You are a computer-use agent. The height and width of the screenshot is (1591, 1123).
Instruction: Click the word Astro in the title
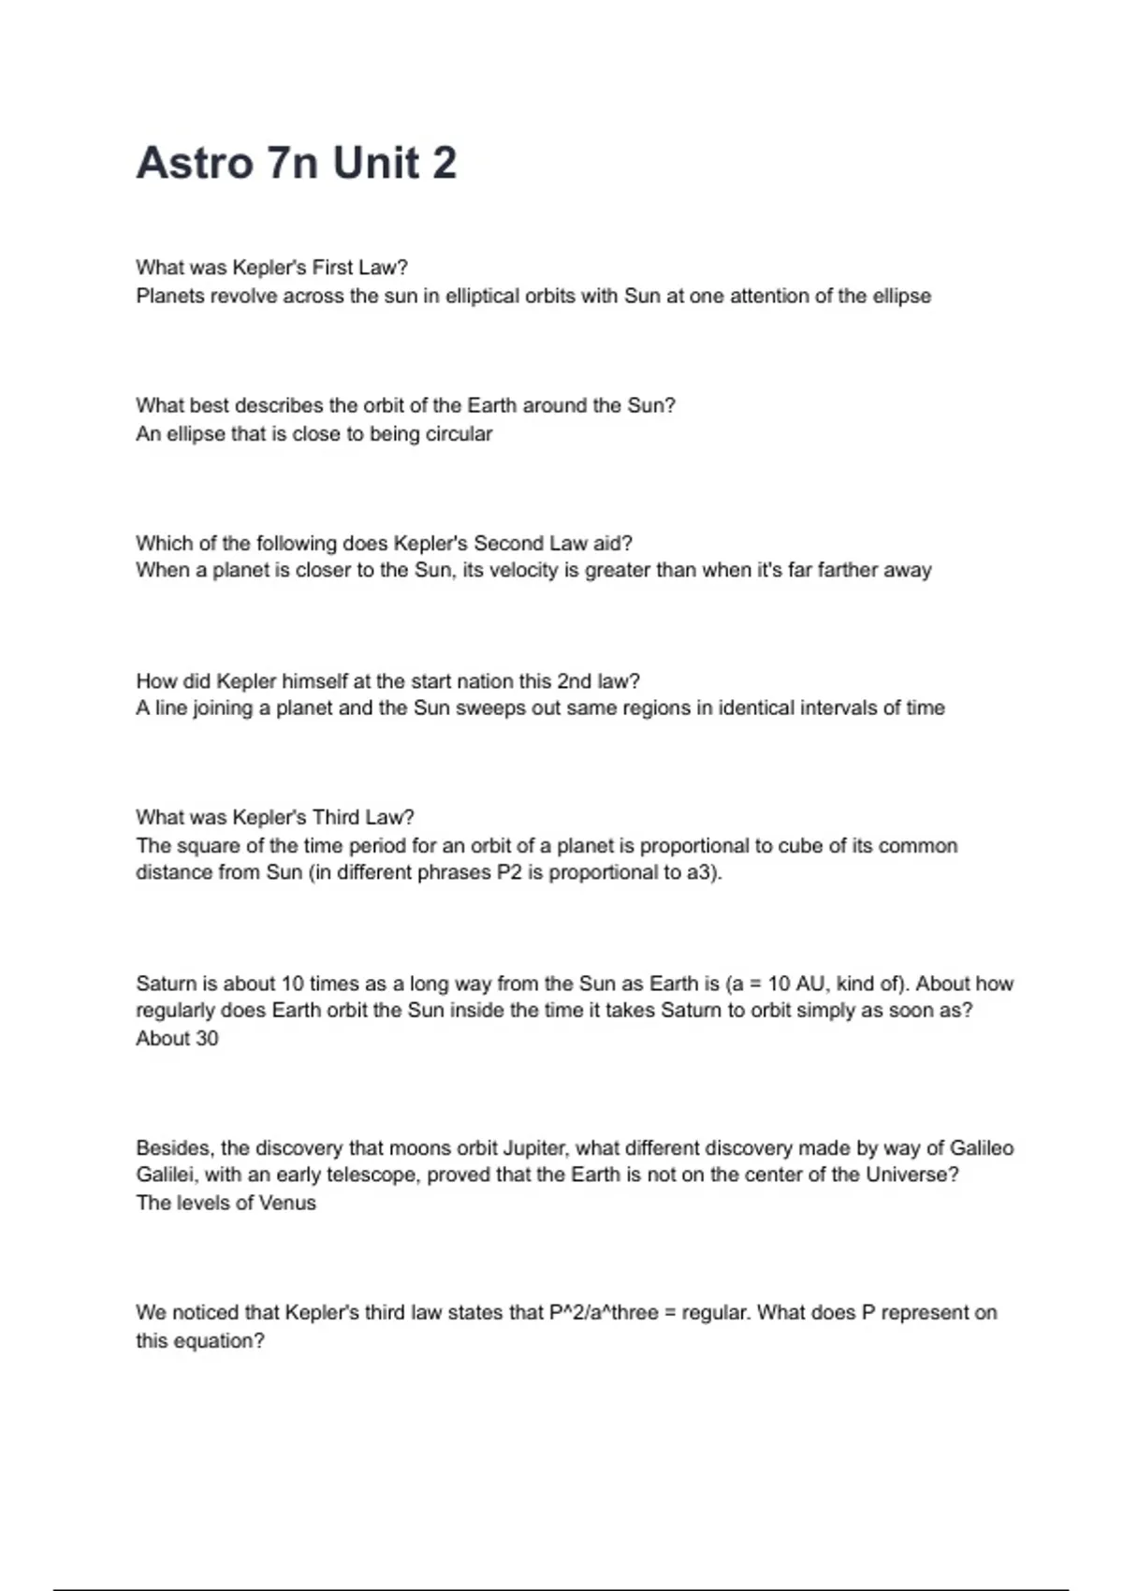tap(195, 163)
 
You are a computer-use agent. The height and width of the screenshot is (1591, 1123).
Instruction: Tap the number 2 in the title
tap(445, 163)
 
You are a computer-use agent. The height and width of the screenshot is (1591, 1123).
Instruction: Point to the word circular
tap(459, 433)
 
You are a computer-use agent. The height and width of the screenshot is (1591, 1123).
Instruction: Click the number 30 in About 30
tap(206, 1038)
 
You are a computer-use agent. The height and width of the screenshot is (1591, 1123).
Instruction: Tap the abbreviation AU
tap(809, 984)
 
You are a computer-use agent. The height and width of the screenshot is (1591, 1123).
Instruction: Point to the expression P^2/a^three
tap(604, 1312)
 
